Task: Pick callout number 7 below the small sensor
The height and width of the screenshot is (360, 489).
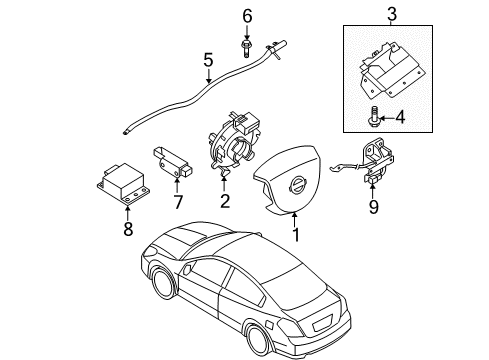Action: coord(178,204)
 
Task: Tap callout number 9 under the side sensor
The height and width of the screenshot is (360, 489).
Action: coord(374,209)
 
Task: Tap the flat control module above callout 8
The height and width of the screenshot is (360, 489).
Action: coord(122,182)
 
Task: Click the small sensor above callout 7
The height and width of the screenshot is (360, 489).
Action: coord(177,163)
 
